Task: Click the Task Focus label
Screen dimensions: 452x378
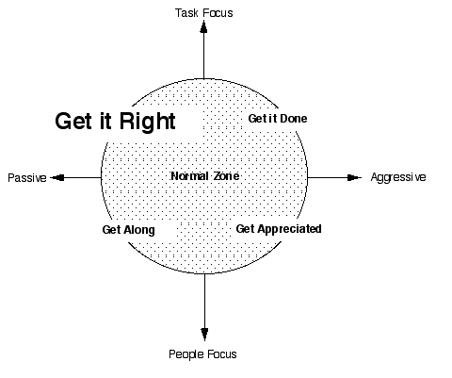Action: [204, 13]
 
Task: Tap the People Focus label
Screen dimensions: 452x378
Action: [202, 354]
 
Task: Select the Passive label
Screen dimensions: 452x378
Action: [27, 178]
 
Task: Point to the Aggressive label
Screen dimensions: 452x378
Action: [398, 177]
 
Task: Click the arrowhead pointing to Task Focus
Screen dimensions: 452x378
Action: [203, 27]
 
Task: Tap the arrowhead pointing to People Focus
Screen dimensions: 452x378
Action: [204, 334]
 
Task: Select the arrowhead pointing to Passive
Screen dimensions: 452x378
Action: [57, 178]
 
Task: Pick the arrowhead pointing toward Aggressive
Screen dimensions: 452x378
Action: [354, 177]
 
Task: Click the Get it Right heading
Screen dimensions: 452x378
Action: [115, 121]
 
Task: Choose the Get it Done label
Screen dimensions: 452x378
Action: [278, 119]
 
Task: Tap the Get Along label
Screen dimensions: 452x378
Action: [129, 230]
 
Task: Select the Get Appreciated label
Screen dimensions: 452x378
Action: [279, 229]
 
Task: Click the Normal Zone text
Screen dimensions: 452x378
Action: [205, 176]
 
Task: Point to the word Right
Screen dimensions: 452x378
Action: [148, 121]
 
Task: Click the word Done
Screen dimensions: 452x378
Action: [294, 119]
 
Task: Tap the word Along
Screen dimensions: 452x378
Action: [139, 230]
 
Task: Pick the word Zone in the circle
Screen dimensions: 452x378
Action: [226, 176]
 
